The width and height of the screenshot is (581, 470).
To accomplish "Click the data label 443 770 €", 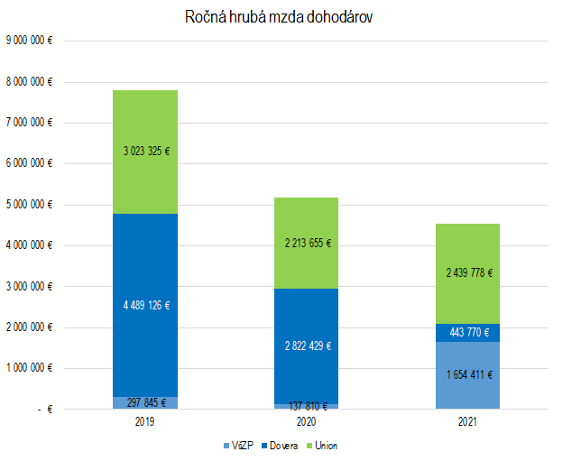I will click(466, 333).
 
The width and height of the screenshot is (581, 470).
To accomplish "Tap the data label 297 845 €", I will click(145, 402).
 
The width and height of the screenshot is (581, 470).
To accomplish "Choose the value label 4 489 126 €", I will click(145, 305).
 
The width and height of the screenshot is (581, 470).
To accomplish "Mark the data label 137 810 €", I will click(306, 406).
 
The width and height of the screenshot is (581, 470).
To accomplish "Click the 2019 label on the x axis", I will click(145, 420).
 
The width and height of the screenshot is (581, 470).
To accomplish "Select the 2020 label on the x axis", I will click(306, 420).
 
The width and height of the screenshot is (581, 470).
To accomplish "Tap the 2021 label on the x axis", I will click(466, 420).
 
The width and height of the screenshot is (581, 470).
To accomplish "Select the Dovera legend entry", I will click(282, 446).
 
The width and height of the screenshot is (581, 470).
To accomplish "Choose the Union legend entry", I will click(325, 446).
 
